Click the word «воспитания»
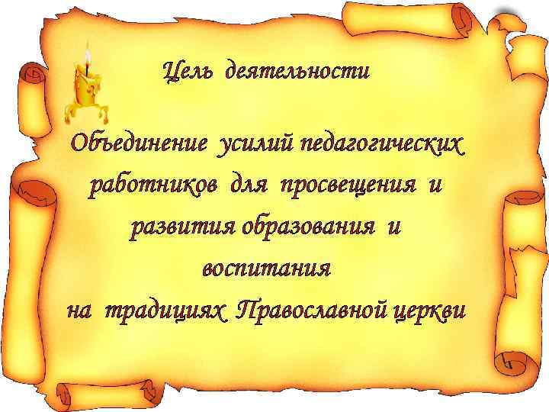click(x=266, y=269)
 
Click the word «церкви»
click(x=428, y=311)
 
